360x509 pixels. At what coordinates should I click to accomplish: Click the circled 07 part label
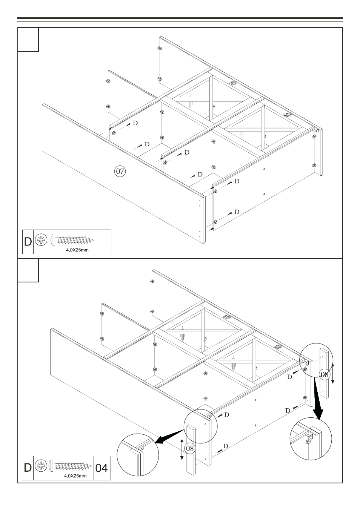tap(120, 172)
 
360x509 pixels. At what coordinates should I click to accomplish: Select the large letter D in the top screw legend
tap(28, 242)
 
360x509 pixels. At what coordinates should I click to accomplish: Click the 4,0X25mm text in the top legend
tap(77, 250)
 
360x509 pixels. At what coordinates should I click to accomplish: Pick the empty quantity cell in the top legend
tap(104, 242)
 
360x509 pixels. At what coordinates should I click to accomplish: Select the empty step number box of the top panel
tap(28, 40)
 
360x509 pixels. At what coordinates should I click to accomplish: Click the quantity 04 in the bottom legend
tap(102, 468)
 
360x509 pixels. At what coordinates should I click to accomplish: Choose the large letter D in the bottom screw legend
tap(28, 468)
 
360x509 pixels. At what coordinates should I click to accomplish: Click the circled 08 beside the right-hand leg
tap(325, 374)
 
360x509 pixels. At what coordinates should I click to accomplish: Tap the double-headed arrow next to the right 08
tap(333, 373)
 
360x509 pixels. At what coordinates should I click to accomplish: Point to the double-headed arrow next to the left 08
tap(182, 449)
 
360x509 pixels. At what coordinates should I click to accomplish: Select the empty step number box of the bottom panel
tap(28, 270)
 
